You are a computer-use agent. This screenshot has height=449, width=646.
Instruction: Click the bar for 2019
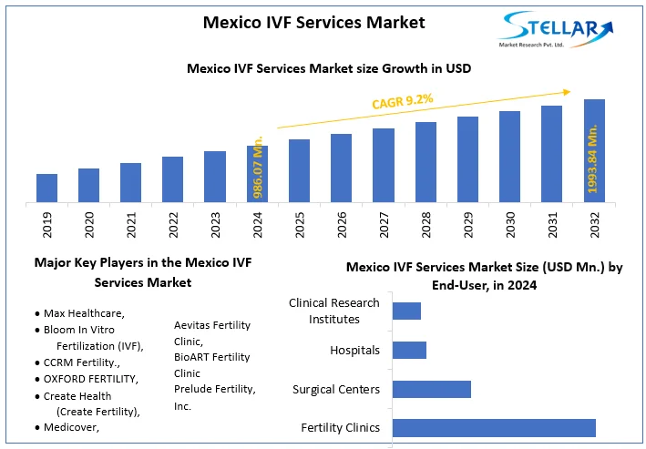tap(46, 188)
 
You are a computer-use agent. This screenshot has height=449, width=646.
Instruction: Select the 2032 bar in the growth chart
tap(594, 150)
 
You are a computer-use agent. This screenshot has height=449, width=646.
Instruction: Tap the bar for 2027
tap(384, 165)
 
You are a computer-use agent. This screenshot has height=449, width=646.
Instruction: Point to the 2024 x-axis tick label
tap(258, 224)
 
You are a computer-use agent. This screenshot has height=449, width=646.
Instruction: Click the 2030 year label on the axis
tap(509, 224)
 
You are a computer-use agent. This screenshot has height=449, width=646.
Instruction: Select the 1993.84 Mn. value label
tap(594, 160)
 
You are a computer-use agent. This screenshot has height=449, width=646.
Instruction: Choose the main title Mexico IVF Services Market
tap(313, 22)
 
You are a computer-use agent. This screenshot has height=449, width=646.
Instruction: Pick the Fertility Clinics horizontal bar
tap(494, 428)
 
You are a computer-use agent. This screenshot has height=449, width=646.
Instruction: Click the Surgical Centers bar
tap(432, 389)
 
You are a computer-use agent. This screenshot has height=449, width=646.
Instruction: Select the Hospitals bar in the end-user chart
tap(409, 350)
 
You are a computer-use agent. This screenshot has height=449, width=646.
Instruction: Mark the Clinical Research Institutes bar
tap(406, 311)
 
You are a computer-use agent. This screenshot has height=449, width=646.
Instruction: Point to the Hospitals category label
tap(355, 350)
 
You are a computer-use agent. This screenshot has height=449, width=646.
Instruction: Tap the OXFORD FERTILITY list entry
tap(90, 379)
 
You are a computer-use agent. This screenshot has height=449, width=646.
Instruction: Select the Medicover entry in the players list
tap(71, 427)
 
